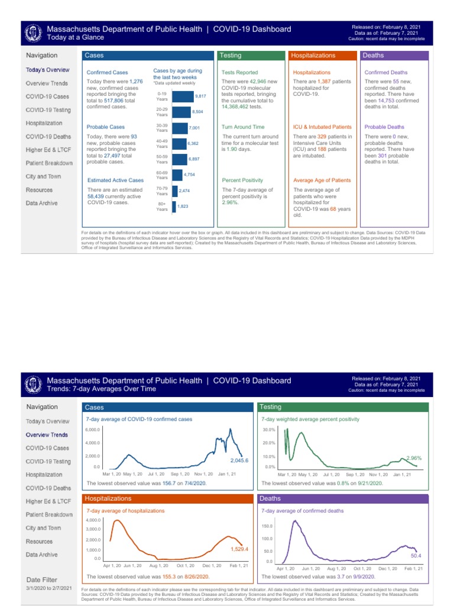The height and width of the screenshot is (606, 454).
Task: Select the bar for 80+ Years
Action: (x=174, y=206)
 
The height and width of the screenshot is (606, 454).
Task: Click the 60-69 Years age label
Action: (x=162, y=175)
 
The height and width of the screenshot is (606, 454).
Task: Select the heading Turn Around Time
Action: (x=243, y=127)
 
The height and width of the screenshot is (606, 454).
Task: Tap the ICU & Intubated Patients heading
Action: (x=322, y=127)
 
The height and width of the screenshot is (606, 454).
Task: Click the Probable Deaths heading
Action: (x=384, y=127)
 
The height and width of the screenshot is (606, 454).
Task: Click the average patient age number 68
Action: (x=333, y=209)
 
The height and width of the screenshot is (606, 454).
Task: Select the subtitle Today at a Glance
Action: (x=75, y=37)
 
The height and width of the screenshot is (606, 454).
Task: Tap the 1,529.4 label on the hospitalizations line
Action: (x=239, y=549)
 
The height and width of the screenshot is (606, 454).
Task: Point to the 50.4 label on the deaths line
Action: (x=416, y=556)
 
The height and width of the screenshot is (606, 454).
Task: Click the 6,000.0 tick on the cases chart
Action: (x=93, y=430)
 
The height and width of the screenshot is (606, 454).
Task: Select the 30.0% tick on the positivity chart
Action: (x=269, y=430)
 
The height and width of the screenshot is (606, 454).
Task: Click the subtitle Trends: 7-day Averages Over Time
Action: (x=101, y=389)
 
